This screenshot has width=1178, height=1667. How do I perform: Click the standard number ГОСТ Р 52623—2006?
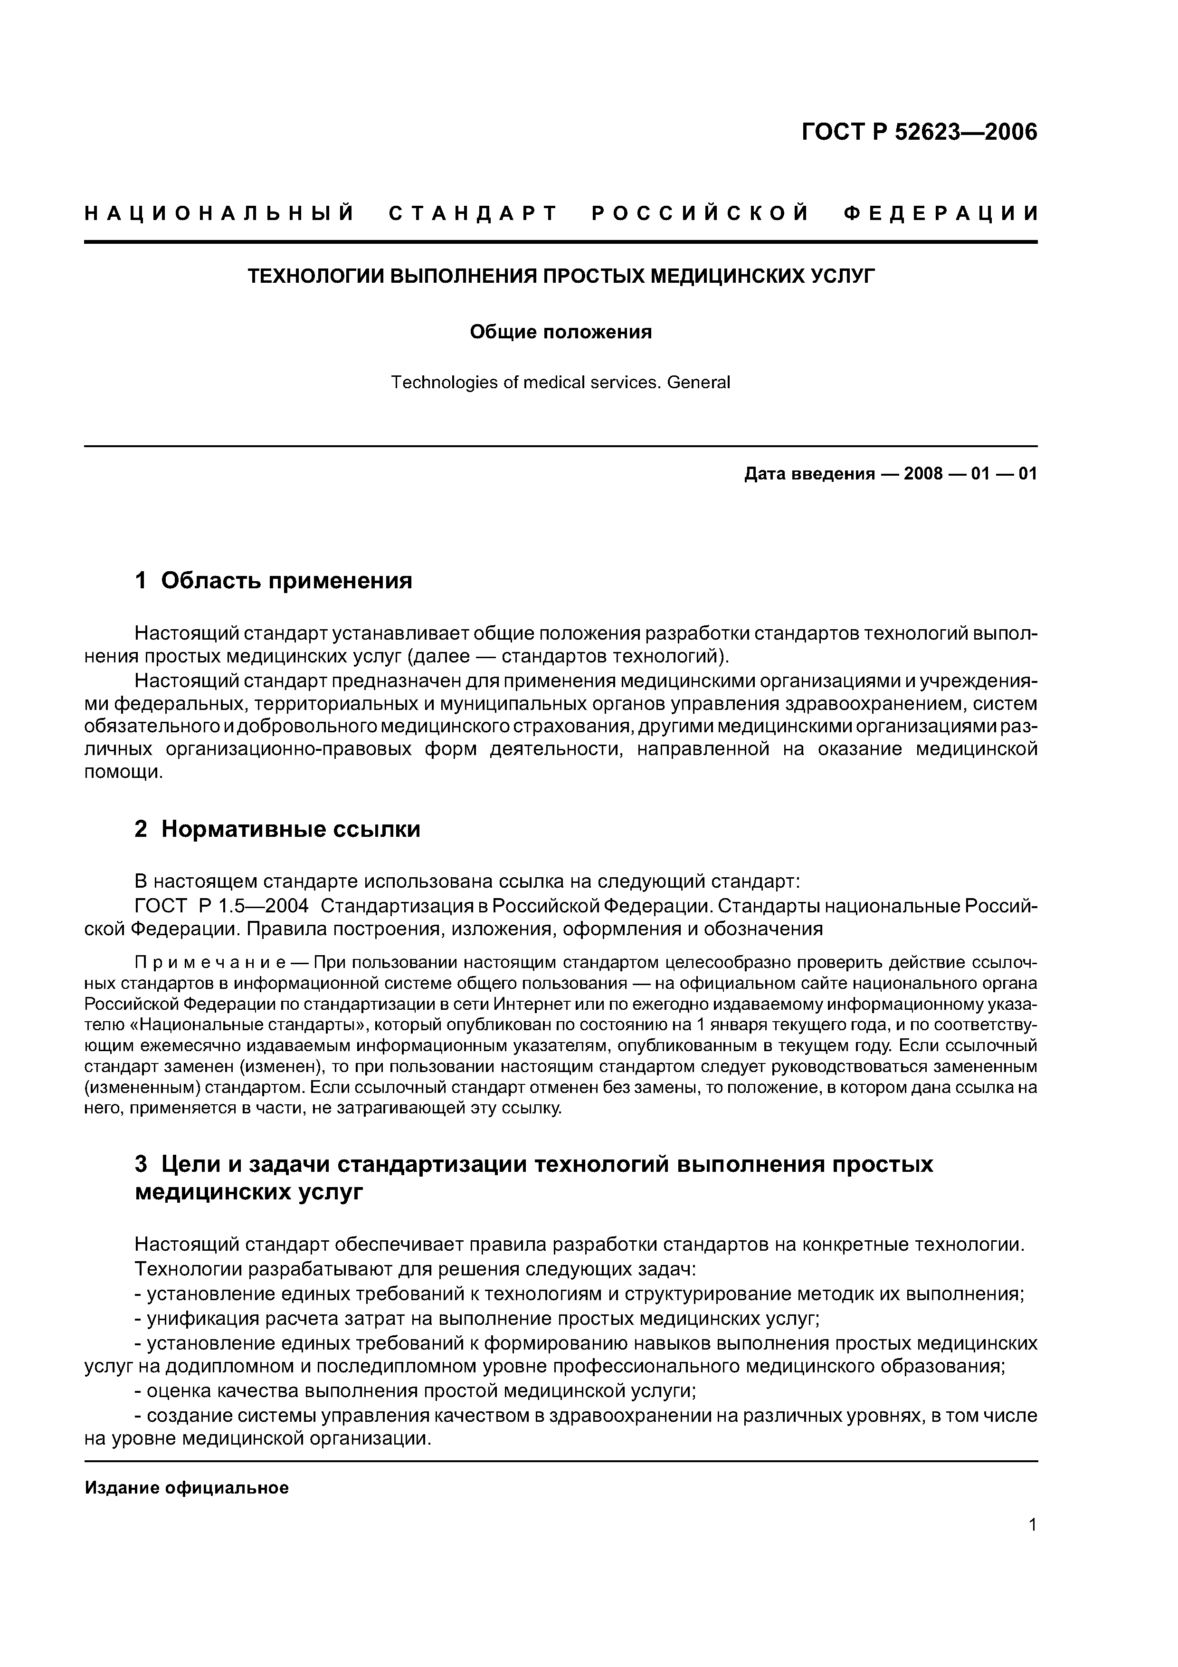click(x=919, y=132)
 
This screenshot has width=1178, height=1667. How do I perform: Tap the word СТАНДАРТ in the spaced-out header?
click(x=473, y=213)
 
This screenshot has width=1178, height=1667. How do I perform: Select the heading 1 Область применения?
click(x=274, y=580)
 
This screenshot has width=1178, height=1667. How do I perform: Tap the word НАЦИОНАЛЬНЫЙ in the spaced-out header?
click(x=220, y=213)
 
